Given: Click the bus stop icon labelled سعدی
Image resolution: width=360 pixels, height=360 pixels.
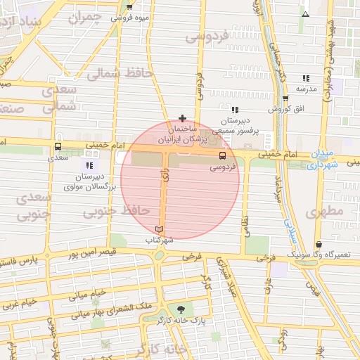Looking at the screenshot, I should (x=58, y=147).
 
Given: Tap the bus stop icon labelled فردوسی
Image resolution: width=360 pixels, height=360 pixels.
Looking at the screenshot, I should (x=222, y=155).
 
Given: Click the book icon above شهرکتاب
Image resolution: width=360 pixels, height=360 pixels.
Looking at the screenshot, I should (x=159, y=229).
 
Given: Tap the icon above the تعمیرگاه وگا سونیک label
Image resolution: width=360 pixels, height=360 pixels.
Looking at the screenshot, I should (x=319, y=244).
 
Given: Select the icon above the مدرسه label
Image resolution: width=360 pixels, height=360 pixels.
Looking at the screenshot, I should (x=306, y=78).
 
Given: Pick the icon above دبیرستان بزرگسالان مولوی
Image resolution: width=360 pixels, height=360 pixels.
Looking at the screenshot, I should (x=89, y=165).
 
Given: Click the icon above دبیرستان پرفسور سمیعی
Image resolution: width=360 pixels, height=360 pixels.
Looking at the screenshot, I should (x=235, y=109).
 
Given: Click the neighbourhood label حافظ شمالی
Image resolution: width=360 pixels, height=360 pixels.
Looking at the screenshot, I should (x=115, y=73).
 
